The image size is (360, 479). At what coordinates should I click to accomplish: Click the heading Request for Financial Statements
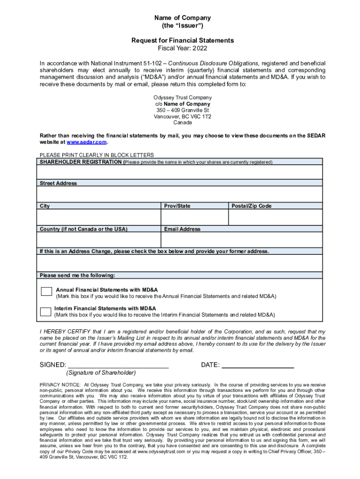point(182,41)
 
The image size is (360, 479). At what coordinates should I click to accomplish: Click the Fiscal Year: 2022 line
point(182,49)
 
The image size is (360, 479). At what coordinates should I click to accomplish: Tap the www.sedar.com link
point(87,142)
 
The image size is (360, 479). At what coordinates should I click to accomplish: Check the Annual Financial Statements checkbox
point(46,291)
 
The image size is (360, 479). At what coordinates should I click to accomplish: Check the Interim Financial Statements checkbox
point(46,312)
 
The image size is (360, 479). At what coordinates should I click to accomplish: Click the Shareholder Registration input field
point(180,172)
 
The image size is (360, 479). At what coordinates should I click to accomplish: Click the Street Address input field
point(180,194)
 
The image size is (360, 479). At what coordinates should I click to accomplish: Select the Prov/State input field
point(194,218)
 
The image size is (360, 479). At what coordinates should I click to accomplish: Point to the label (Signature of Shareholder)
point(101,373)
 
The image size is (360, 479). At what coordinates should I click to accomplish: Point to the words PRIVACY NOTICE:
point(60,385)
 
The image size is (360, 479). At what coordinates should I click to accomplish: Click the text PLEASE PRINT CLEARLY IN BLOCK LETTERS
point(97,155)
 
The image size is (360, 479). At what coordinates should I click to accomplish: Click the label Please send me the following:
point(77,275)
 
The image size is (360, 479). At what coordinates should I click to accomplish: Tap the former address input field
point(180,262)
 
